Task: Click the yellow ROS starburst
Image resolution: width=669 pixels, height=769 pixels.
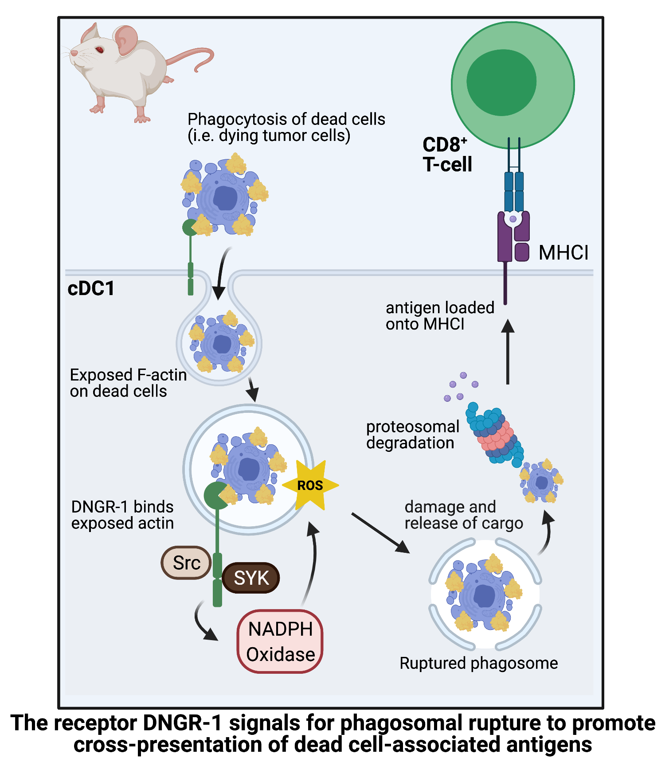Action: pyautogui.click(x=310, y=485)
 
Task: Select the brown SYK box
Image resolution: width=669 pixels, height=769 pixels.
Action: pyautogui.click(x=251, y=578)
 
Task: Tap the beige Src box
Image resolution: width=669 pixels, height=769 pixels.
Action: pyautogui.click(x=186, y=563)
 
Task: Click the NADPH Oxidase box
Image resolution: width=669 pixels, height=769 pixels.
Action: pyautogui.click(x=280, y=641)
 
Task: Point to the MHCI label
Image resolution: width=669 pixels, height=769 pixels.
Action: pyautogui.click(x=563, y=252)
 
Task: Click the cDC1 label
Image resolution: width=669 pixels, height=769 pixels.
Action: pyautogui.click(x=91, y=288)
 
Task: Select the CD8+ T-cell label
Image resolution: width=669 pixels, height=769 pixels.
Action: pyautogui.click(x=447, y=155)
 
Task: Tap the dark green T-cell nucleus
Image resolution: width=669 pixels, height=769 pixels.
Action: pyautogui.click(x=501, y=82)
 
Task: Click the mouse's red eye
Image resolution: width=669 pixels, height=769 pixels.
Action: pyautogui.click(x=99, y=50)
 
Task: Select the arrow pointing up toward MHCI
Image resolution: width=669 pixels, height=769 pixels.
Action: pyautogui.click(x=508, y=352)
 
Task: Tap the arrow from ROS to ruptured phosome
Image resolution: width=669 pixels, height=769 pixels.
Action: pyautogui.click(x=380, y=533)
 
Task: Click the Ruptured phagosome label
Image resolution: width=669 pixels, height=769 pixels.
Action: pyautogui.click(x=478, y=663)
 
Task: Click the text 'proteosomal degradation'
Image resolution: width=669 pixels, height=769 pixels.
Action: pyautogui.click(x=412, y=435)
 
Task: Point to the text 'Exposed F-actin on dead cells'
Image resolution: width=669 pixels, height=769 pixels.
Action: pyautogui.click(x=128, y=383)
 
